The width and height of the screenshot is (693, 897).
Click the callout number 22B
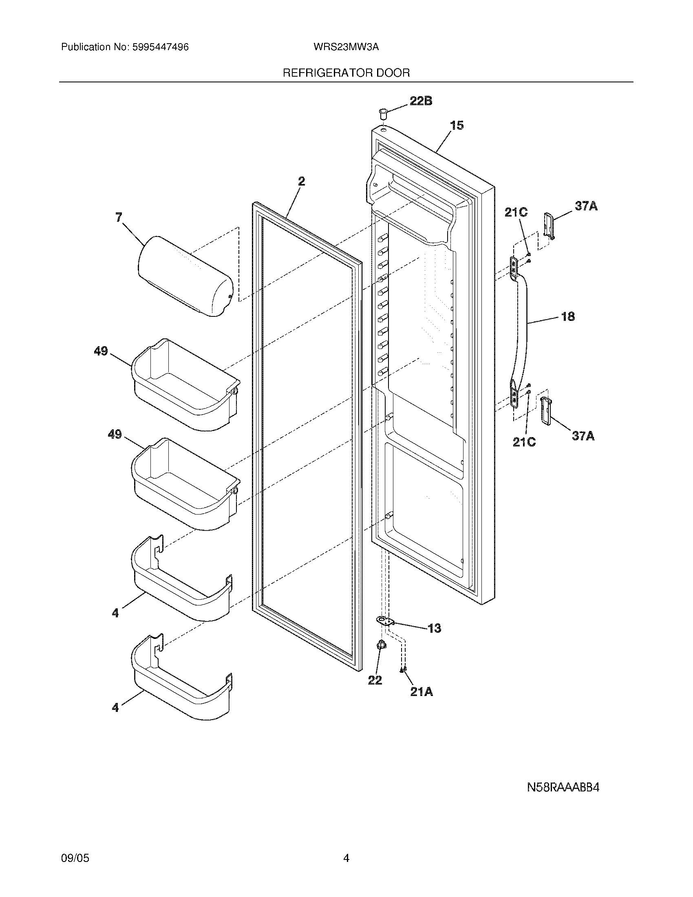pyautogui.click(x=420, y=101)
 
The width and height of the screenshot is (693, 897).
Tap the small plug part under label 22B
pyautogui.click(x=383, y=113)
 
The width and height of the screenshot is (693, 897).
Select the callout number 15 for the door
pyautogui.click(x=457, y=125)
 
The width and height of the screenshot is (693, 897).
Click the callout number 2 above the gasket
pyautogui.click(x=301, y=181)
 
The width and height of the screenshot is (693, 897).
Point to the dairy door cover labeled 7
pyautogui.click(x=185, y=276)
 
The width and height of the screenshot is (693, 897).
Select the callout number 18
pyautogui.click(x=568, y=316)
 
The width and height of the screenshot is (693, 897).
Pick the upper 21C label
pyautogui.click(x=516, y=212)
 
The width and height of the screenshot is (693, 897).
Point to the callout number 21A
pyautogui.click(x=422, y=692)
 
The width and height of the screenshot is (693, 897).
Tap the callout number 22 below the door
pyautogui.click(x=375, y=680)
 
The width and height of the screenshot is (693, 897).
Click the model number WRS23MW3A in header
pyautogui.click(x=346, y=47)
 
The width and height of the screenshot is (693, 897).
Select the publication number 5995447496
pyautogui.click(x=161, y=47)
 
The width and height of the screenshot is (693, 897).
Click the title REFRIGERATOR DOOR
pyautogui.click(x=346, y=73)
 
